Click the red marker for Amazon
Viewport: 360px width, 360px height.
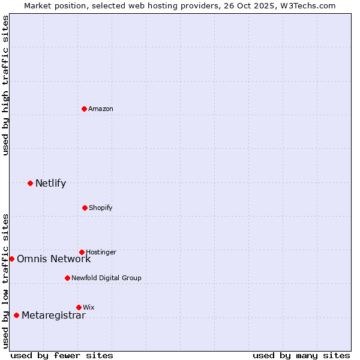pyautogui.click(x=85, y=109)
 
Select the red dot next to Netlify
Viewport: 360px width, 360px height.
pyautogui.click(x=30, y=183)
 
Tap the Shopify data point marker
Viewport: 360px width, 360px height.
pyautogui.click(x=85, y=208)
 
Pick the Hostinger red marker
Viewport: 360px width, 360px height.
pyautogui.click(x=82, y=252)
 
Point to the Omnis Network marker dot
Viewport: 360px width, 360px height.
pyautogui.click(x=11, y=259)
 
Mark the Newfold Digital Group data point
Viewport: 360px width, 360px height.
pyautogui.click(x=67, y=278)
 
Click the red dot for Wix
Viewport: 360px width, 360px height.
pyautogui.click(x=79, y=307)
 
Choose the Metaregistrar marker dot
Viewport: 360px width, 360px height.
pyautogui.click(x=16, y=315)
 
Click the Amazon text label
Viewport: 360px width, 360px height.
pyautogui.click(x=101, y=109)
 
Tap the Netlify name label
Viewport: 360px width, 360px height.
pyautogui.click(x=50, y=183)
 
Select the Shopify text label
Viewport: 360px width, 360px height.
pyautogui.click(x=100, y=208)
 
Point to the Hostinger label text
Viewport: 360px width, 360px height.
pyautogui.click(x=101, y=252)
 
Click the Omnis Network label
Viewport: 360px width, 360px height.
pyautogui.click(x=53, y=259)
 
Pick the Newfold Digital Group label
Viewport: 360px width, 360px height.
pyautogui.click(x=106, y=278)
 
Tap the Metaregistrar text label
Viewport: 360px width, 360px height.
pyautogui.click(x=53, y=315)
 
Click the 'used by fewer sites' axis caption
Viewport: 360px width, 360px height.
pyautogui.click(x=62, y=355)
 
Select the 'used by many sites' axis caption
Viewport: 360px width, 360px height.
pyautogui.click(x=301, y=355)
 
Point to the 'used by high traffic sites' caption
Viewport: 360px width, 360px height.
pyautogui.click(x=5, y=85)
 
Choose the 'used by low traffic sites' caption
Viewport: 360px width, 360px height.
pyautogui.click(x=5, y=280)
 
